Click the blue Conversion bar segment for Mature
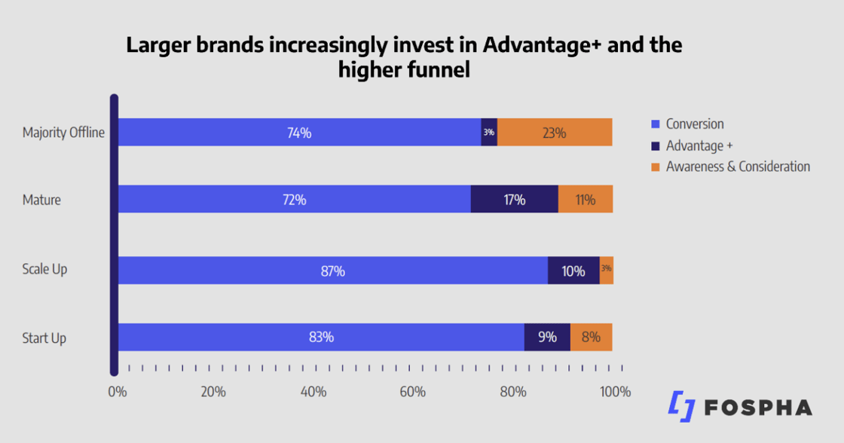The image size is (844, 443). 294,200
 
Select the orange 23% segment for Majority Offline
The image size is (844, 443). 554,133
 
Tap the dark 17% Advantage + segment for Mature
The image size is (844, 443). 514,200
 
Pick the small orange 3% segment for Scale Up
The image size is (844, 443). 606,270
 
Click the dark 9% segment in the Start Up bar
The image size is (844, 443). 547,337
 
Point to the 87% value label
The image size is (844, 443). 332,270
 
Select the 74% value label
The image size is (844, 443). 299,133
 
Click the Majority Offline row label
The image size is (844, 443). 63,133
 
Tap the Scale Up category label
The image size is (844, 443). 44,269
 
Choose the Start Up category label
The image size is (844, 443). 44,338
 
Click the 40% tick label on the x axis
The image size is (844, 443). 313,392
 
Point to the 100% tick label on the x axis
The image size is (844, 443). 614,392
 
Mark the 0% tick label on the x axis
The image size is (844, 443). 117,392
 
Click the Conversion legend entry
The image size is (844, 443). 694,124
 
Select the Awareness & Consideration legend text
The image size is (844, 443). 738,167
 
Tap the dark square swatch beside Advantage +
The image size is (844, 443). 655,146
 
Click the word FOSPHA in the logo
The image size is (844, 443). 758,408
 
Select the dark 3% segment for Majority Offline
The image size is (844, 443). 489,133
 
